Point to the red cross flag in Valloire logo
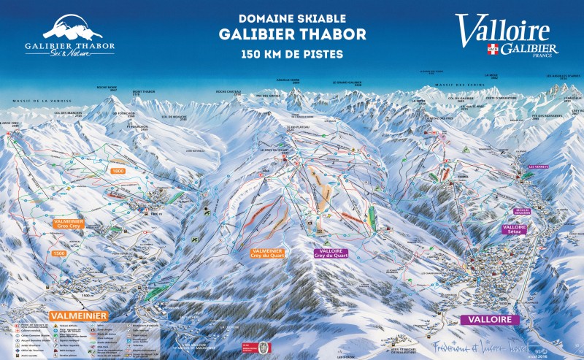click(x=493, y=50)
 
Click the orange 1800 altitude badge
click(x=118, y=170)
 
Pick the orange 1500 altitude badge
click(x=60, y=253)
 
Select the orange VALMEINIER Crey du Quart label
click(x=267, y=253)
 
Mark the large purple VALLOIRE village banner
click(x=489, y=320)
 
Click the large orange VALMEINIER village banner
click(x=79, y=315)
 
